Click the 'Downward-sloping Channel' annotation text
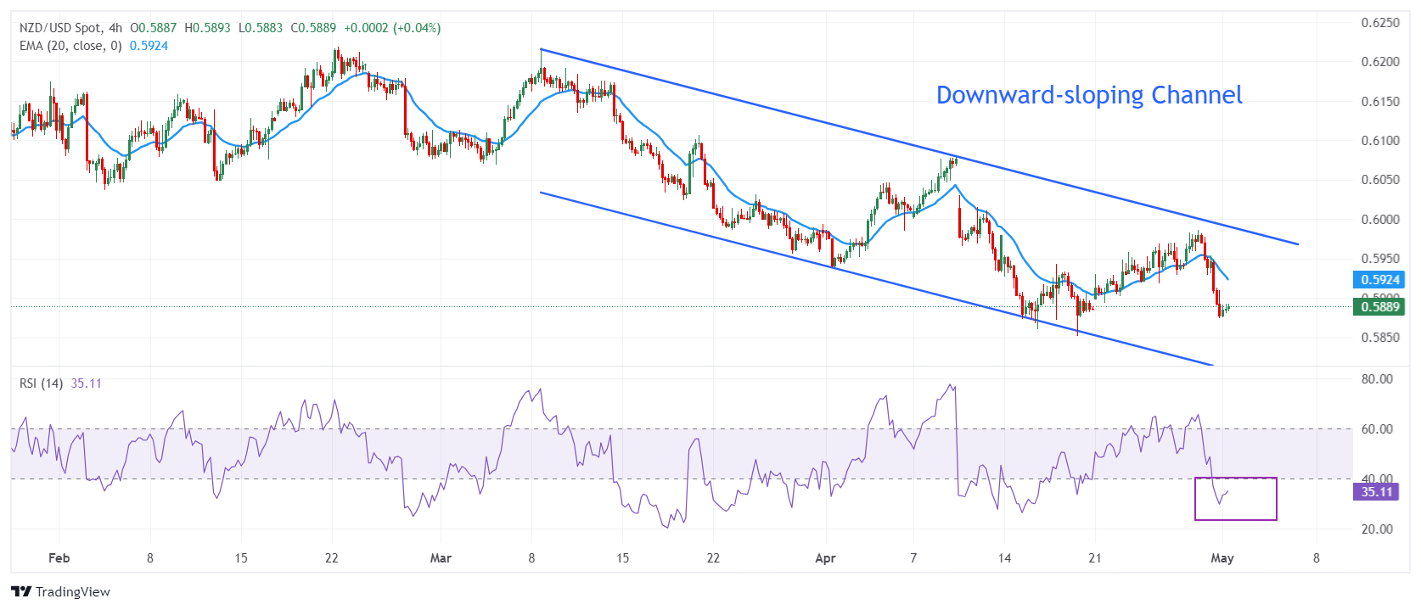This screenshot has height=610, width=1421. pyautogui.click(x=1089, y=95)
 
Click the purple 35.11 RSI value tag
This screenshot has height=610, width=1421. pyautogui.click(x=1376, y=492)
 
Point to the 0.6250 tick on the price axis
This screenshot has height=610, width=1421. pyautogui.click(x=1380, y=23)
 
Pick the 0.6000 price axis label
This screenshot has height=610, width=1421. pyautogui.click(x=1380, y=220)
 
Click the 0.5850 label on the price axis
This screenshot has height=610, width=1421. pyautogui.click(x=1380, y=338)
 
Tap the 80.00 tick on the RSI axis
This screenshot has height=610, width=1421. pyautogui.click(x=1377, y=379)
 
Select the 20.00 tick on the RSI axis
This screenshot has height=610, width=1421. pyautogui.click(x=1377, y=529)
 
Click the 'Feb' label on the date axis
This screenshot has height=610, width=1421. pyautogui.click(x=59, y=558)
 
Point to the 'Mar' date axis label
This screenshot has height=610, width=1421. pyautogui.click(x=441, y=558)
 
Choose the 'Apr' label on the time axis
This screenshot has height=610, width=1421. pyautogui.click(x=825, y=558)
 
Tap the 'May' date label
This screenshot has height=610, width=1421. pyautogui.click(x=1222, y=558)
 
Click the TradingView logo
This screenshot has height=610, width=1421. pyautogui.click(x=60, y=592)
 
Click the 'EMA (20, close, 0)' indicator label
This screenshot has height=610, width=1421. pyautogui.click(x=70, y=46)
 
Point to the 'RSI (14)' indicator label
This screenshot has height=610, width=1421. pyautogui.click(x=41, y=383)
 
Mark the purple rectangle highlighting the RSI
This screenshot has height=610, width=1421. pyautogui.click(x=1236, y=499)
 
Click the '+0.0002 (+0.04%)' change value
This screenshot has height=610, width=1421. pyautogui.click(x=392, y=28)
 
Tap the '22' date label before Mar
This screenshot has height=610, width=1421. pyautogui.click(x=331, y=558)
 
